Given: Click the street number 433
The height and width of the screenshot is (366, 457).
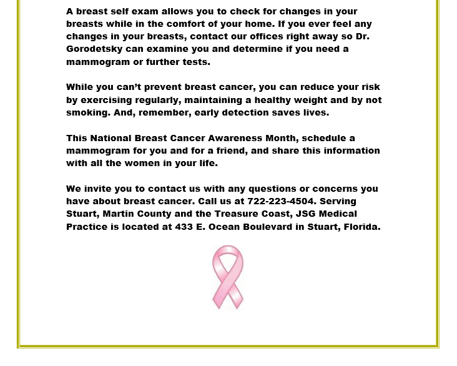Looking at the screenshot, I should click(x=183, y=227).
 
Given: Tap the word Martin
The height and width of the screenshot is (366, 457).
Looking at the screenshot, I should click(x=119, y=214).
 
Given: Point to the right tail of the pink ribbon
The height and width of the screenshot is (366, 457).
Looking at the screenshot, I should click(x=237, y=297).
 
